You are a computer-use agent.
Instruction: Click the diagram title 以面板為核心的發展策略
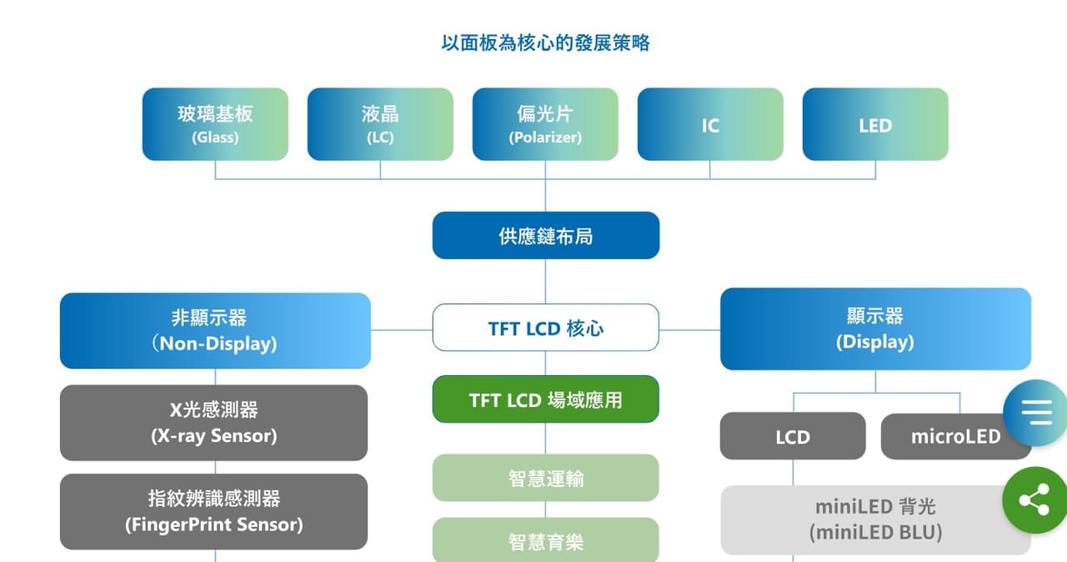coord(545,43)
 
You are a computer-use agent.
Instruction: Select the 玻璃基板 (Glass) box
coord(215,124)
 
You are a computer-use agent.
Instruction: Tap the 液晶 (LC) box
coord(380,124)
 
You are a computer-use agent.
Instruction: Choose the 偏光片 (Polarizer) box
coord(545,124)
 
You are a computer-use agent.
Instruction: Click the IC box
coord(710,124)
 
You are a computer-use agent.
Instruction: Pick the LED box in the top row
coord(875,124)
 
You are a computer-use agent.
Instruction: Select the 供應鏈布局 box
coord(546,235)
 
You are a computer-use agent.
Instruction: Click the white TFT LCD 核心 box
coord(546,327)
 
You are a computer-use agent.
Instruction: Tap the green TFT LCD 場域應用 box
coord(546,399)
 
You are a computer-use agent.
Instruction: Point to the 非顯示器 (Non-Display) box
coord(215,330)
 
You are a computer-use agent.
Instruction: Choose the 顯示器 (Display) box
coord(875,329)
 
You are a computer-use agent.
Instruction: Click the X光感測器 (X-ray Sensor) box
coord(214,423)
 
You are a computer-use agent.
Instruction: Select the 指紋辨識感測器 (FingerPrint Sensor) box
coord(214,511)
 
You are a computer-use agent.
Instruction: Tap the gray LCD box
coord(793,436)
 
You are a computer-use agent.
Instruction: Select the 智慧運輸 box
coord(546,478)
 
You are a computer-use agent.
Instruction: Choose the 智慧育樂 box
coord(546,540)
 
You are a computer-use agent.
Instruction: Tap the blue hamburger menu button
coord(1036,413)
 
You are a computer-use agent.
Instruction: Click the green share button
coord(1034,500)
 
